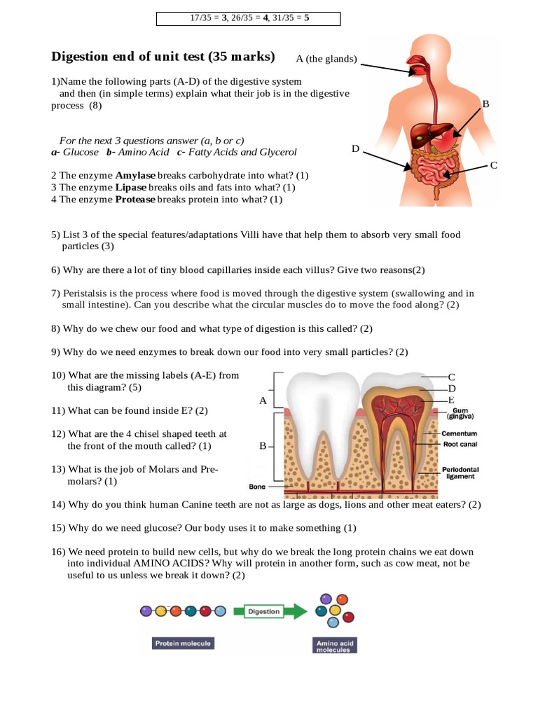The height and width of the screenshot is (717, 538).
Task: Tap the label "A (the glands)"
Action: (x=326, y=60)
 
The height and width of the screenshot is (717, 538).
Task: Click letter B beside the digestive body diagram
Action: (x=485, y=104)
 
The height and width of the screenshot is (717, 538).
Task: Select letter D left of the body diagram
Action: (x=355, y=148)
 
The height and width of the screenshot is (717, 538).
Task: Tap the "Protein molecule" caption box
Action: (x=183, y=643)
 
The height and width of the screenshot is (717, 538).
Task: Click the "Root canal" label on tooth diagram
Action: (x=460, y=444)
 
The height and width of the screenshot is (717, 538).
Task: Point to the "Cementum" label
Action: (x=460, y=433)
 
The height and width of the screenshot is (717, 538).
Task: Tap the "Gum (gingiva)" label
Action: (x=460, y=414)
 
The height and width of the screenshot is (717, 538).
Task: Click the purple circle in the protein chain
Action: (x=146, y=611)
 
